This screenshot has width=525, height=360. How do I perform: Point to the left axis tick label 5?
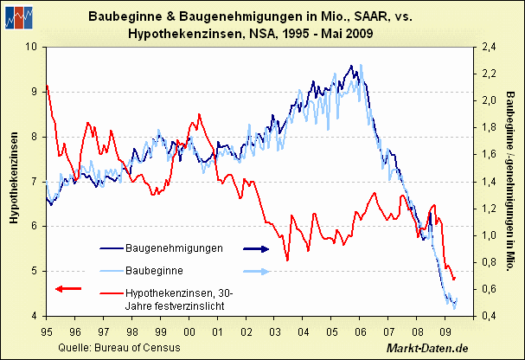point(35,271)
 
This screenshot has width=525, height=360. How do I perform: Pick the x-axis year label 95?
point(47,331)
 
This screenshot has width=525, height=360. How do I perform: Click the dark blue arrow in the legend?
point(255,248)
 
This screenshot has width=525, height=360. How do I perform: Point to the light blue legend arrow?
point(255,271)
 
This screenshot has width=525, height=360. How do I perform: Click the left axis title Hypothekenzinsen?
point(14,180)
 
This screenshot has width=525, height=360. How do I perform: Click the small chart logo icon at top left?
point(21,16)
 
